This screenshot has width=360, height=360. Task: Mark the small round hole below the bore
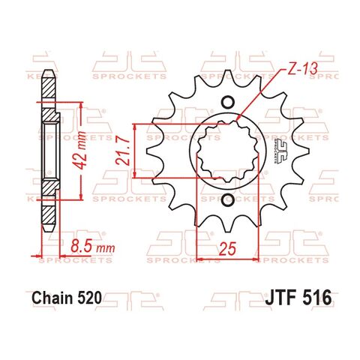[x=227, y=201]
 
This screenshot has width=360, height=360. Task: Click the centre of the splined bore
[x=227, y=154]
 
